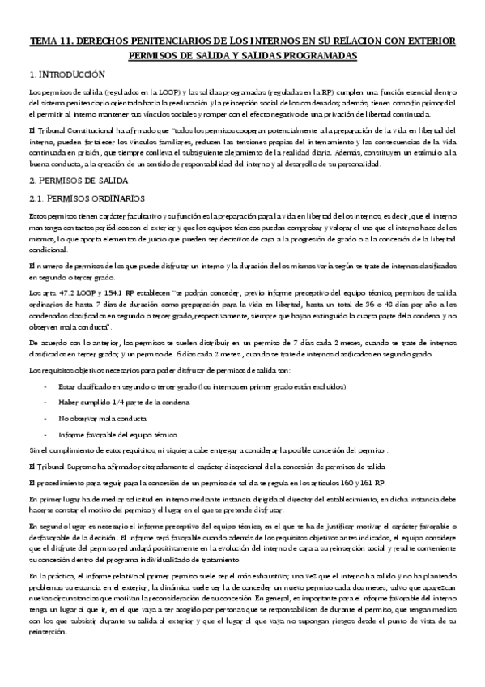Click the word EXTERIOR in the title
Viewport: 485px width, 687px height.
click(427, 41)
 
